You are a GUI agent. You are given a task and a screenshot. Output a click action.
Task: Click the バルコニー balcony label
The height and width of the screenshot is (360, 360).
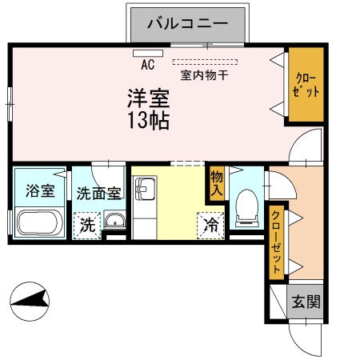click(x=190, y=24)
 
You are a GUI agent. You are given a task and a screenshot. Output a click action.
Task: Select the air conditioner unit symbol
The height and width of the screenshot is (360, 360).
click(x=148, y=54)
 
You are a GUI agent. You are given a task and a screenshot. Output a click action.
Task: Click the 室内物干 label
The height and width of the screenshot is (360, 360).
click(x=204, y=75)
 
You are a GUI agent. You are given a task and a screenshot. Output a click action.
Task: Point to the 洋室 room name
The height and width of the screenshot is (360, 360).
click(x=147, y=99)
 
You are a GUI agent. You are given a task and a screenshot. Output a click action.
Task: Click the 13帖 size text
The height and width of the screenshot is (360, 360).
click(x=147, y=122)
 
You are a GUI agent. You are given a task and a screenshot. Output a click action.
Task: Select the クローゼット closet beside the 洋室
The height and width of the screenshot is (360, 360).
click(x=306, y=86)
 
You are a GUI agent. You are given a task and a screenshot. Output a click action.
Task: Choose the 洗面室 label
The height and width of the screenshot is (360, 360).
click(x=98, y=193)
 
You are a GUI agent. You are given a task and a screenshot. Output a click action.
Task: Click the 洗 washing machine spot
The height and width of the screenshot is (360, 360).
click(x=86, y=226)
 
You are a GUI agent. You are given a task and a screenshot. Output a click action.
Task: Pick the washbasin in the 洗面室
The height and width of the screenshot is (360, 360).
click(x=115, y=222)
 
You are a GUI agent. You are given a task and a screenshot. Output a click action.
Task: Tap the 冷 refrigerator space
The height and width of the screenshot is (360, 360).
click(x=210, y=225)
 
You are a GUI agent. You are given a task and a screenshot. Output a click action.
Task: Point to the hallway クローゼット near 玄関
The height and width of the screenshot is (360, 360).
click(x=277, y=240)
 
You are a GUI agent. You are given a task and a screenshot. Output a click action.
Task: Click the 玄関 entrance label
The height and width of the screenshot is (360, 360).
click(x=305, y=302)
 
